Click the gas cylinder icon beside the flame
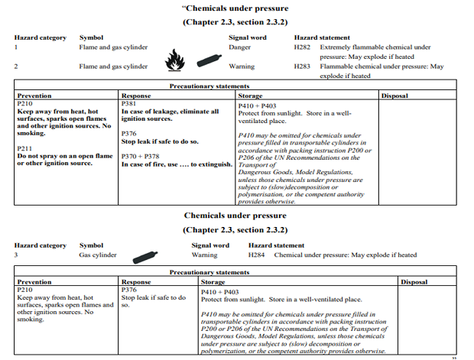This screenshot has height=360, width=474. pyautogui.click(x=206, y=59)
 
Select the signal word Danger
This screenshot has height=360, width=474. pyautogui.click(x=239, y=47)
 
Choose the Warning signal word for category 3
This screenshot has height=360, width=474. pyautogui.click(x=204, y=255)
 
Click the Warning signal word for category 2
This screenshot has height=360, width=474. pyautogui.click(x=242, y=66)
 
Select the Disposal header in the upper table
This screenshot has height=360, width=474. pyautogui.click(x=394, y=96)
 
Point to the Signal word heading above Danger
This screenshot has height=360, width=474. pyautogui.click(x=248, y=37)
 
